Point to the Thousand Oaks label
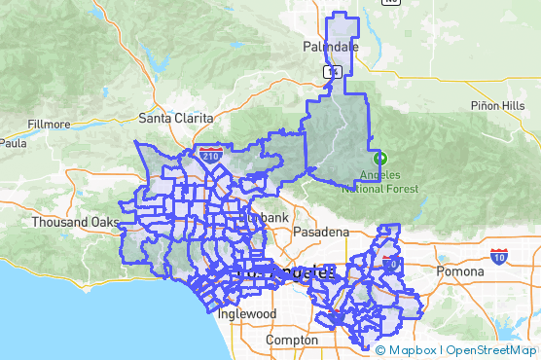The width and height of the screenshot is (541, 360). coord(72,222)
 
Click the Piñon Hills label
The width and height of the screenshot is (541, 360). coord(497,105)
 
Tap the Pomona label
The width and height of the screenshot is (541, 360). coord(459,271)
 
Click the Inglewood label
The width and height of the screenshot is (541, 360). coord(247,314)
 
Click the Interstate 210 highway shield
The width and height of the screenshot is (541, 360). coord(213,153)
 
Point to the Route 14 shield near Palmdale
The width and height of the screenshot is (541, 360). coord(333,71)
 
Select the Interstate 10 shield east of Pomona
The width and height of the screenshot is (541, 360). coord(498,256)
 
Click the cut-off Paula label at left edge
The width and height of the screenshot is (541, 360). coord(13,142)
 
